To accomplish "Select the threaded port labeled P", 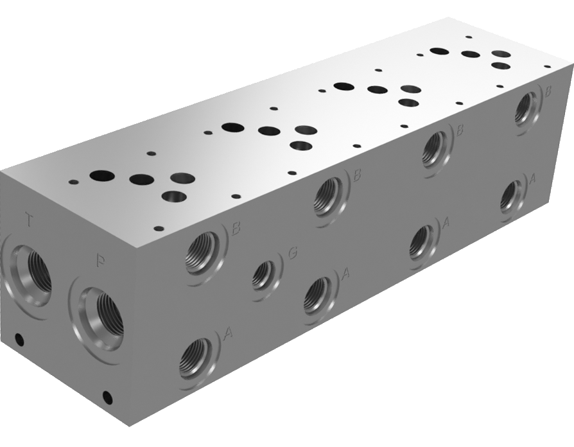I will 100,311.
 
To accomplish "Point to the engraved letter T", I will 28,220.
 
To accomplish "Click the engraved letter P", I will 100,261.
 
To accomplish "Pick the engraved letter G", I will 292,253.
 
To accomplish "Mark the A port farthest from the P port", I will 512,195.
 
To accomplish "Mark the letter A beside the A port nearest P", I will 227,333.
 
